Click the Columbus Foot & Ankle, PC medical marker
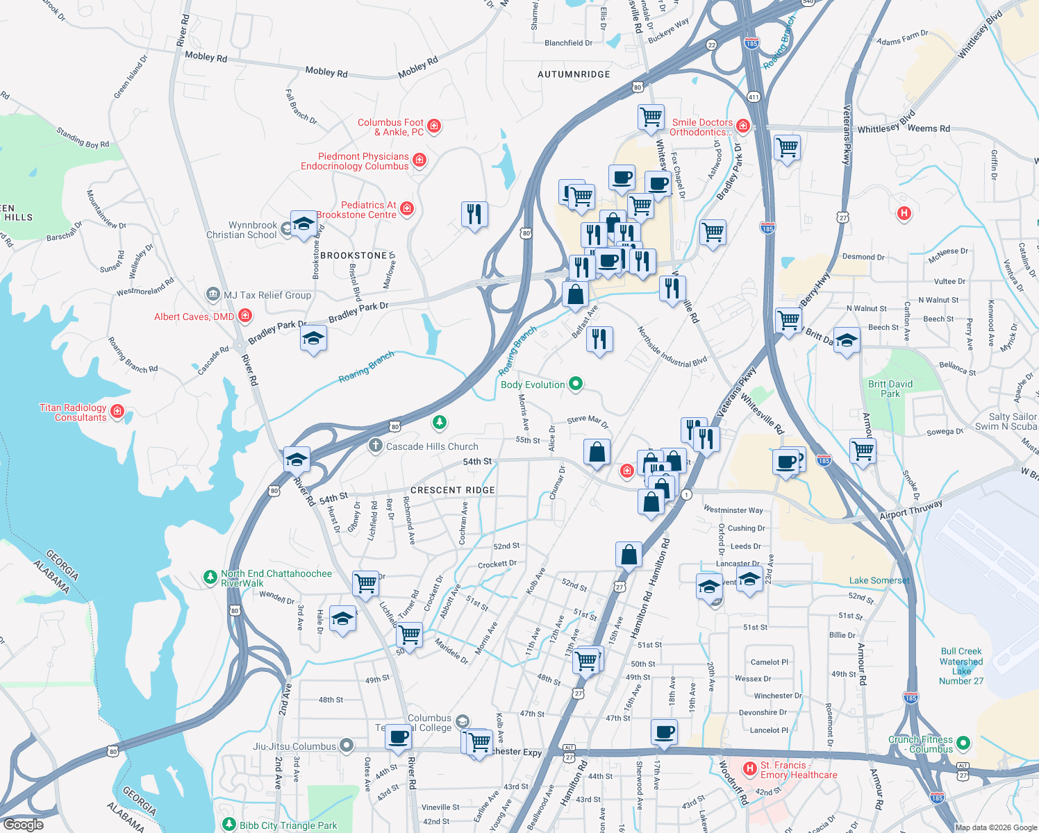pyautogui.click(x=434, y=126)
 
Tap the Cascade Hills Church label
pyautogui.click(x=431, y=446)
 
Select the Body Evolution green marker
pyautogui.click(x=575, y=383)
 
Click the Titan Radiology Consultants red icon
pyautogui.click(x=117, y=411)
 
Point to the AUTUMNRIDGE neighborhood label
pyautogui.click(x=574, y=74)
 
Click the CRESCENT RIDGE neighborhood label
pyautogui.click(x=452, y=490)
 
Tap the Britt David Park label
pyautogui.click(x=890, y=389)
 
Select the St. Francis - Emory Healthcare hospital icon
pyautogui.click(x=749, y=768)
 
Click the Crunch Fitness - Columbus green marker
pyautogui.click(x=963, y=743)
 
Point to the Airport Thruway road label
pyautogui.click(x=911, y=509)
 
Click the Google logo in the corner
pyautogui.click(x=23, y=824)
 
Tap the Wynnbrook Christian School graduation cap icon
pyautogui.click(x=304, y=224)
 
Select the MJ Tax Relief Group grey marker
pyautogui.click(x=213, y=295)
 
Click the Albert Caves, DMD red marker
pyautogui.click(x=245, y=316)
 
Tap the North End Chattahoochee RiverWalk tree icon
pyautogui.click(x=210, y=578)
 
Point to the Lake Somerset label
pyautogui.click(x=879, y=580)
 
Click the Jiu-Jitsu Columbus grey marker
pyautogui.click(x=347, y=746)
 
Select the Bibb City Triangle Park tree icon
pyautogui.click(x=229, y=824)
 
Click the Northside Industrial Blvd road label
pyautogui.click(x=672, y=348)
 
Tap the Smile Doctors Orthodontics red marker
pyautogui.click(x=743, y=126)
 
